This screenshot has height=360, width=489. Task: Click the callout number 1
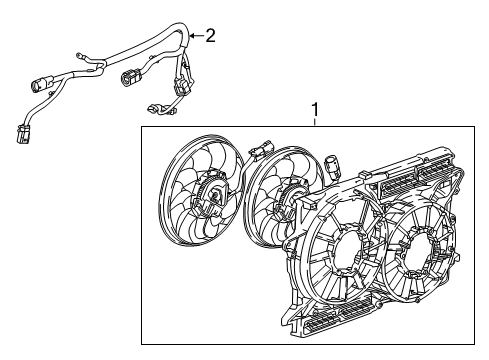315,107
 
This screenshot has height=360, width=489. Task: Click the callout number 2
210,37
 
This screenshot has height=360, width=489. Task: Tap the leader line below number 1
315,121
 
